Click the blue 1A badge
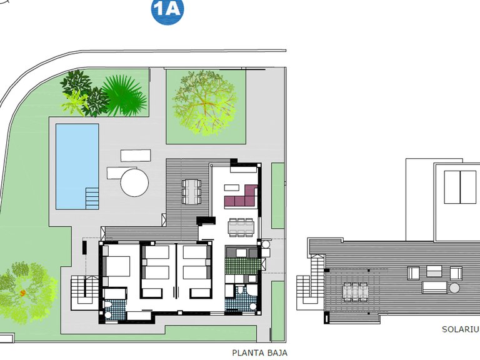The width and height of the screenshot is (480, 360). (167, 11)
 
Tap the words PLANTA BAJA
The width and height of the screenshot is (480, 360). (260, 352)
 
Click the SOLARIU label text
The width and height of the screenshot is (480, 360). (460, 329)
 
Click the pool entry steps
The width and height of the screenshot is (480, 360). (92, 197)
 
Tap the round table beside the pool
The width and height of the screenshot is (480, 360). (134, 182)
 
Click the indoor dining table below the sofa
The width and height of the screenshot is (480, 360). (241, 227)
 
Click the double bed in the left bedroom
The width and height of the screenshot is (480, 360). (116, 268)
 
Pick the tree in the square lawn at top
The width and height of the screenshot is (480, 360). (205, 102)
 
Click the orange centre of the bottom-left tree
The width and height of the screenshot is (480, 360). (23, 292)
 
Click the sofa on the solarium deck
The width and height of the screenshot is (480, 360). (434, 287)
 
